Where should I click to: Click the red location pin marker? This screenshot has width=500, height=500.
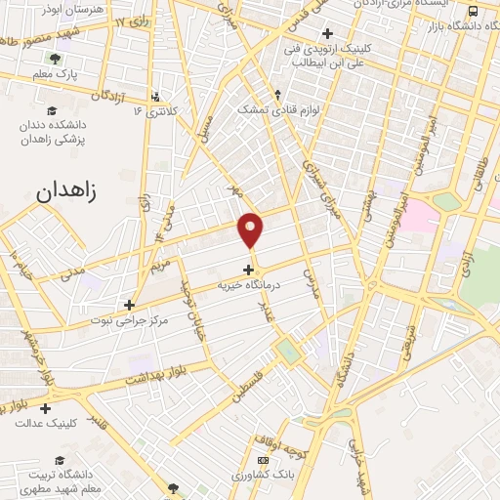[251, 229]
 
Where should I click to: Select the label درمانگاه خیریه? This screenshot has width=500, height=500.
[248, 285]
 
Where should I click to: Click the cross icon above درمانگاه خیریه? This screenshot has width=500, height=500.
[249, 270]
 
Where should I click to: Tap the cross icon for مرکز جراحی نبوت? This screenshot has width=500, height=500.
[129, 305]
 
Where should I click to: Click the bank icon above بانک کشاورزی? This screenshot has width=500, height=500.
[262, 460]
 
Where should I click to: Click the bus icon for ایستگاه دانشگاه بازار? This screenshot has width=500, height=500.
[473, 11]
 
